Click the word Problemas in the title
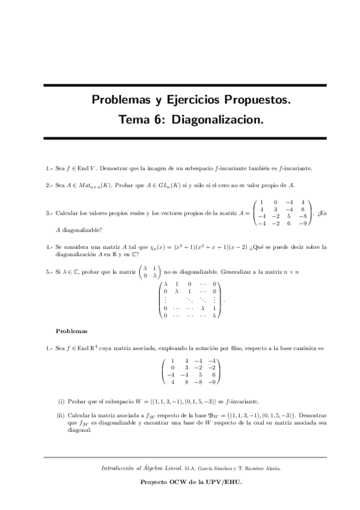(123, 99)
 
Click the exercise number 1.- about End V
(49, 169)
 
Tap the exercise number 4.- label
(49, 247)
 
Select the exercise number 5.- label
(49, 272)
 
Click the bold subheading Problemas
(72, 331)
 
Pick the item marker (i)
(61, 401)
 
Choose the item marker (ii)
(61, 415)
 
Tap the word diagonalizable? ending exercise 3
(82, 229)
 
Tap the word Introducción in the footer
(119, 467)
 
